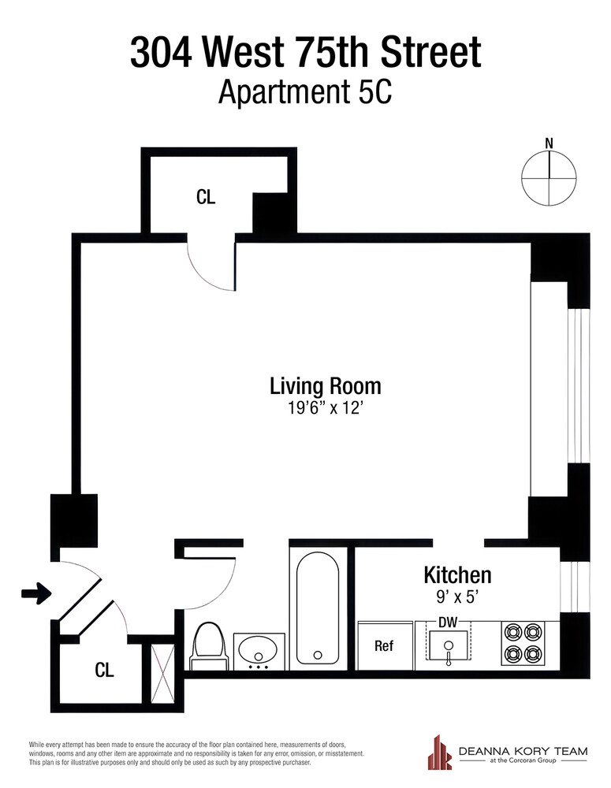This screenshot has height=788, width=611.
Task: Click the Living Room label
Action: pos(325,386)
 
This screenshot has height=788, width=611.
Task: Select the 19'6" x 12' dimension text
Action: pos(325,408)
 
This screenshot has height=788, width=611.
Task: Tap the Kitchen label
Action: pos(457,574)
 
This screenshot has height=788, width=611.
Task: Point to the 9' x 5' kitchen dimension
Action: pos(457,597)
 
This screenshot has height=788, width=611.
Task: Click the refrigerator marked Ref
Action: pos(384,646)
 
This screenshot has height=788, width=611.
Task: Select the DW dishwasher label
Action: pos(448,623)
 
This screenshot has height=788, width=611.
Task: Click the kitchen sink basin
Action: pos(448,647)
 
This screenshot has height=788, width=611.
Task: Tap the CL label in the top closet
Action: pos(205,197)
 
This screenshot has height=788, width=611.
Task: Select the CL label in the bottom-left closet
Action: pos(104,671)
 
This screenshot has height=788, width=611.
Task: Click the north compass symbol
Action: pos(549,177)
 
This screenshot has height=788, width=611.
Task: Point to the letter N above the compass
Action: pos(549,143)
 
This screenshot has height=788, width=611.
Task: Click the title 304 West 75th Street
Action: pos(305,54)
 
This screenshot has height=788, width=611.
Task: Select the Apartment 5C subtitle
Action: pos(305,92)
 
